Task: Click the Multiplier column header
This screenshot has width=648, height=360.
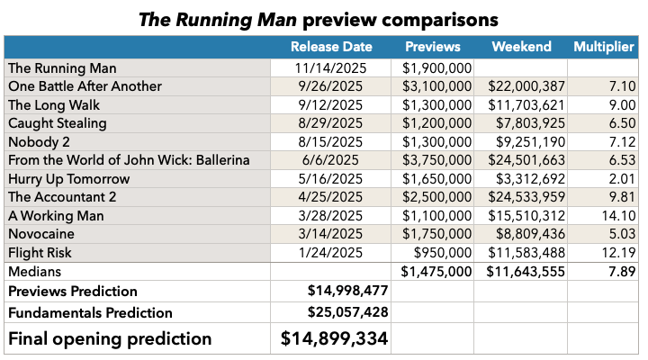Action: coord(604,47)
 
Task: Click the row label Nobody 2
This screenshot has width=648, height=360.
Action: coord(39,141)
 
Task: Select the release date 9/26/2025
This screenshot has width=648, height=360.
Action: coord(328,85)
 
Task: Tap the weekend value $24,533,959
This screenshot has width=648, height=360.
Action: coord(526,197)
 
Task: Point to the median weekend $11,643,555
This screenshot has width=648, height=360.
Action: coord(526,272)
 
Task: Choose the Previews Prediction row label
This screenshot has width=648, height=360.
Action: coord(73,292)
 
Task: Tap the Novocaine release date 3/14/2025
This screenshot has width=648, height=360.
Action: coord(328,234)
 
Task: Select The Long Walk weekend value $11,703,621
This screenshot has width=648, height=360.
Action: coord(526,104)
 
